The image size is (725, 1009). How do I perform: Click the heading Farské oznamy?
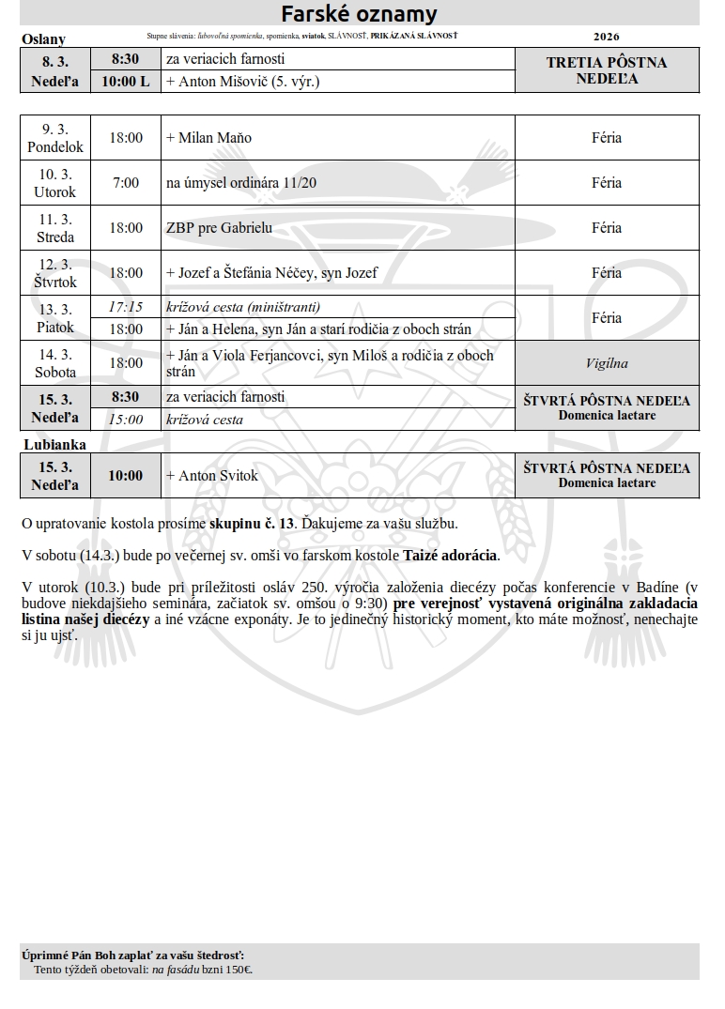pos(359,14)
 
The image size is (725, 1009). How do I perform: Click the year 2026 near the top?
pos(607,37)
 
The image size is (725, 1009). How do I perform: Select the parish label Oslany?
pos(43,38)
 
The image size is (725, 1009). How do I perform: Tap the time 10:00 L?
pos(126,82)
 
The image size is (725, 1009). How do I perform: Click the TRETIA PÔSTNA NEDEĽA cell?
pos(607,70)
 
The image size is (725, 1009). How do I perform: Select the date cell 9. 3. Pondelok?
pos(55,138)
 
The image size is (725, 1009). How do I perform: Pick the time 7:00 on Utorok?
pos(126,183)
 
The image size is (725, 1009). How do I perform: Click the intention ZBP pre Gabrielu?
pos(219,228)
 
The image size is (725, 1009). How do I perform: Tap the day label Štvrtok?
pos(55,282)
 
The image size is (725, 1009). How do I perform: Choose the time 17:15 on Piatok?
pos(126,307)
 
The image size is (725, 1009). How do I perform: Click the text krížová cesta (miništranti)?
pos(243,307)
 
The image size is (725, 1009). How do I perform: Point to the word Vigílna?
pos(607,363)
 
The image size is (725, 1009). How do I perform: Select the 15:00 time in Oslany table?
pos(126,420)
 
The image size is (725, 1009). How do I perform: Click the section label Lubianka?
pos(54,444)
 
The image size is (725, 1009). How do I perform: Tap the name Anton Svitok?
pos(218,476)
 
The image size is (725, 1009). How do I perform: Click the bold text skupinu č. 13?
pos(253,523)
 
